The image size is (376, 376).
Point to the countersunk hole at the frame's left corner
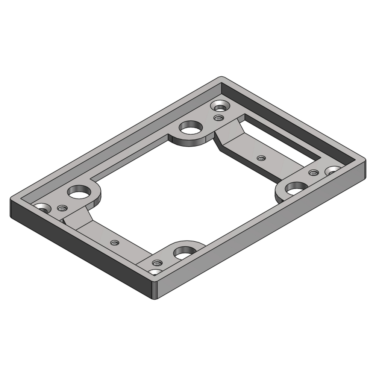click(x=42, y=208)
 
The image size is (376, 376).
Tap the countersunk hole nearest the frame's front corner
click(x=155, y=272)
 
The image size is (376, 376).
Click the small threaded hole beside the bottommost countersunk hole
click(x=157, y=262)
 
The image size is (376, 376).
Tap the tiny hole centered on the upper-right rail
click(x=260, y=158)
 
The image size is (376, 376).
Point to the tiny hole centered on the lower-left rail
click(x=114, y=243)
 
